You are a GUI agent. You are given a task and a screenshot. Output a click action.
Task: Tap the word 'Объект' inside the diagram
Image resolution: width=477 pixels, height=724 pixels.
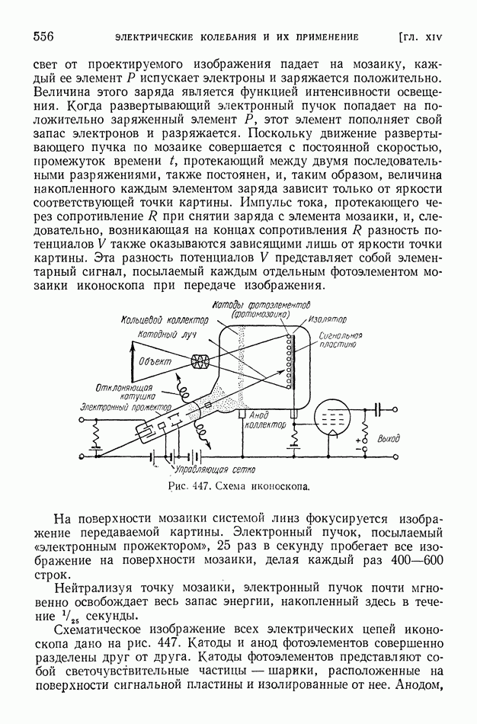(155, 360)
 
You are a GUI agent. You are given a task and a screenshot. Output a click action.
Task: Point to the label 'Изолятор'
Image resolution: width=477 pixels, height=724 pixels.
(327, 319)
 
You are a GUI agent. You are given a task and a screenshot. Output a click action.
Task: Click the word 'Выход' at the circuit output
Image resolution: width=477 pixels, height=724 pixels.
(387, 440)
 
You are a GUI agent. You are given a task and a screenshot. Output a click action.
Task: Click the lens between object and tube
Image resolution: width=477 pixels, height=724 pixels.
(204, 360)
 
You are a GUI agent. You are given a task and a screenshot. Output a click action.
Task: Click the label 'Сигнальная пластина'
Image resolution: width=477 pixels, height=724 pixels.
(338, 340)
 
